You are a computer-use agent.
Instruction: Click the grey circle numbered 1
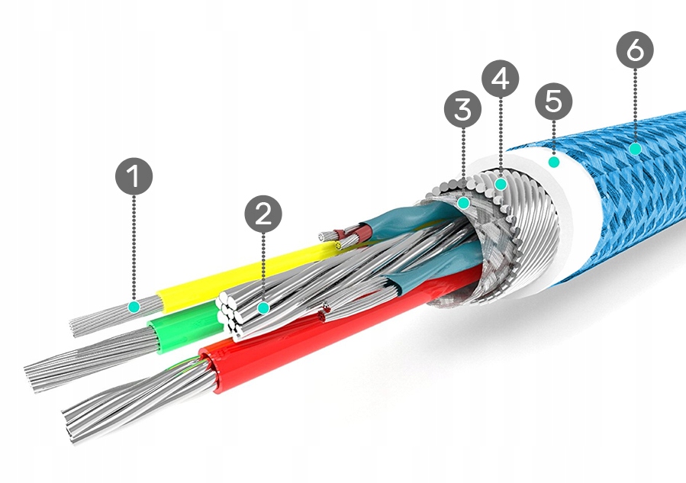(x=134, y=177)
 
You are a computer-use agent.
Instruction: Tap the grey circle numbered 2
(x=263, y=214)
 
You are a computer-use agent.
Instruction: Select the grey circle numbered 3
(x=463, y=110)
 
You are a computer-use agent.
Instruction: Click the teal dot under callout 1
(x=134, y=307)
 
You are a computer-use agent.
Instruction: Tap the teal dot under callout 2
(x=263, y=308)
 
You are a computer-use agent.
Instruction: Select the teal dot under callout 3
(x=463, y=202)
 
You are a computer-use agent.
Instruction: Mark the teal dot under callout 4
(x=501, y=183)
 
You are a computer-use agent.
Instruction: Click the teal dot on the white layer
(x=554, y=162)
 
